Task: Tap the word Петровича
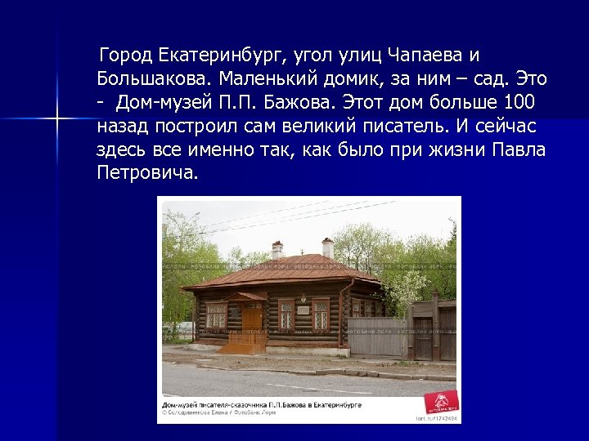click(147, 175)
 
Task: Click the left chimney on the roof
click(277, 249)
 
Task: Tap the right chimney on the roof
click(328, 247)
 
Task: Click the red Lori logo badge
click(439, 403)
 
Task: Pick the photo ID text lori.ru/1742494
click(437, 417)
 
